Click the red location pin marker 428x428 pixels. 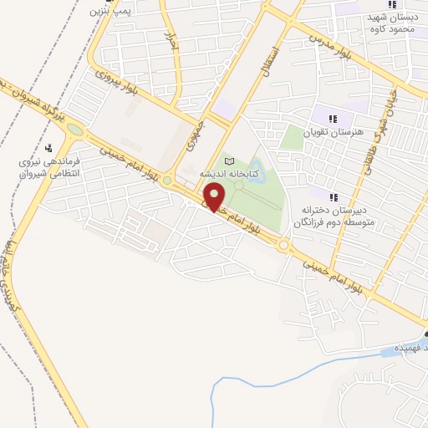tap(216, 197)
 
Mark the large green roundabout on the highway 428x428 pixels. tap(75, 130)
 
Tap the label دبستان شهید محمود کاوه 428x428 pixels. tap(391, 23)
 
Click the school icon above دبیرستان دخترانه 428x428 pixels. tap(334, 197)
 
